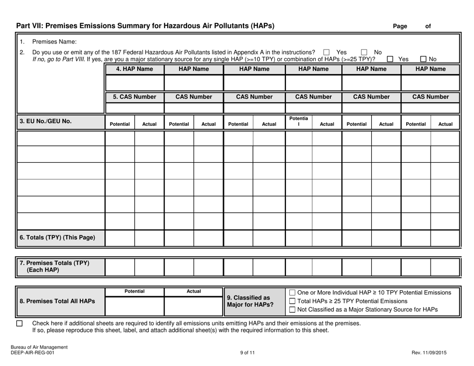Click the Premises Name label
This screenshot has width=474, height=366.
(52, 41)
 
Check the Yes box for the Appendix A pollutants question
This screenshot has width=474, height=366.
(326, 52)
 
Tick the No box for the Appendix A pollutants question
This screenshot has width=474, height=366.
(364, 52)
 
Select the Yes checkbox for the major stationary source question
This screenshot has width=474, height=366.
(390, 59)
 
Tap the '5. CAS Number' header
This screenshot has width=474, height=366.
(134, 96)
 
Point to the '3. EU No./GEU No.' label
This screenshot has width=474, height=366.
(45, 120)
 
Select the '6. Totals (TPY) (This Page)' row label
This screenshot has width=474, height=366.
(57, 237)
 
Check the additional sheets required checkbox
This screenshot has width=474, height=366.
(20, 324)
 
